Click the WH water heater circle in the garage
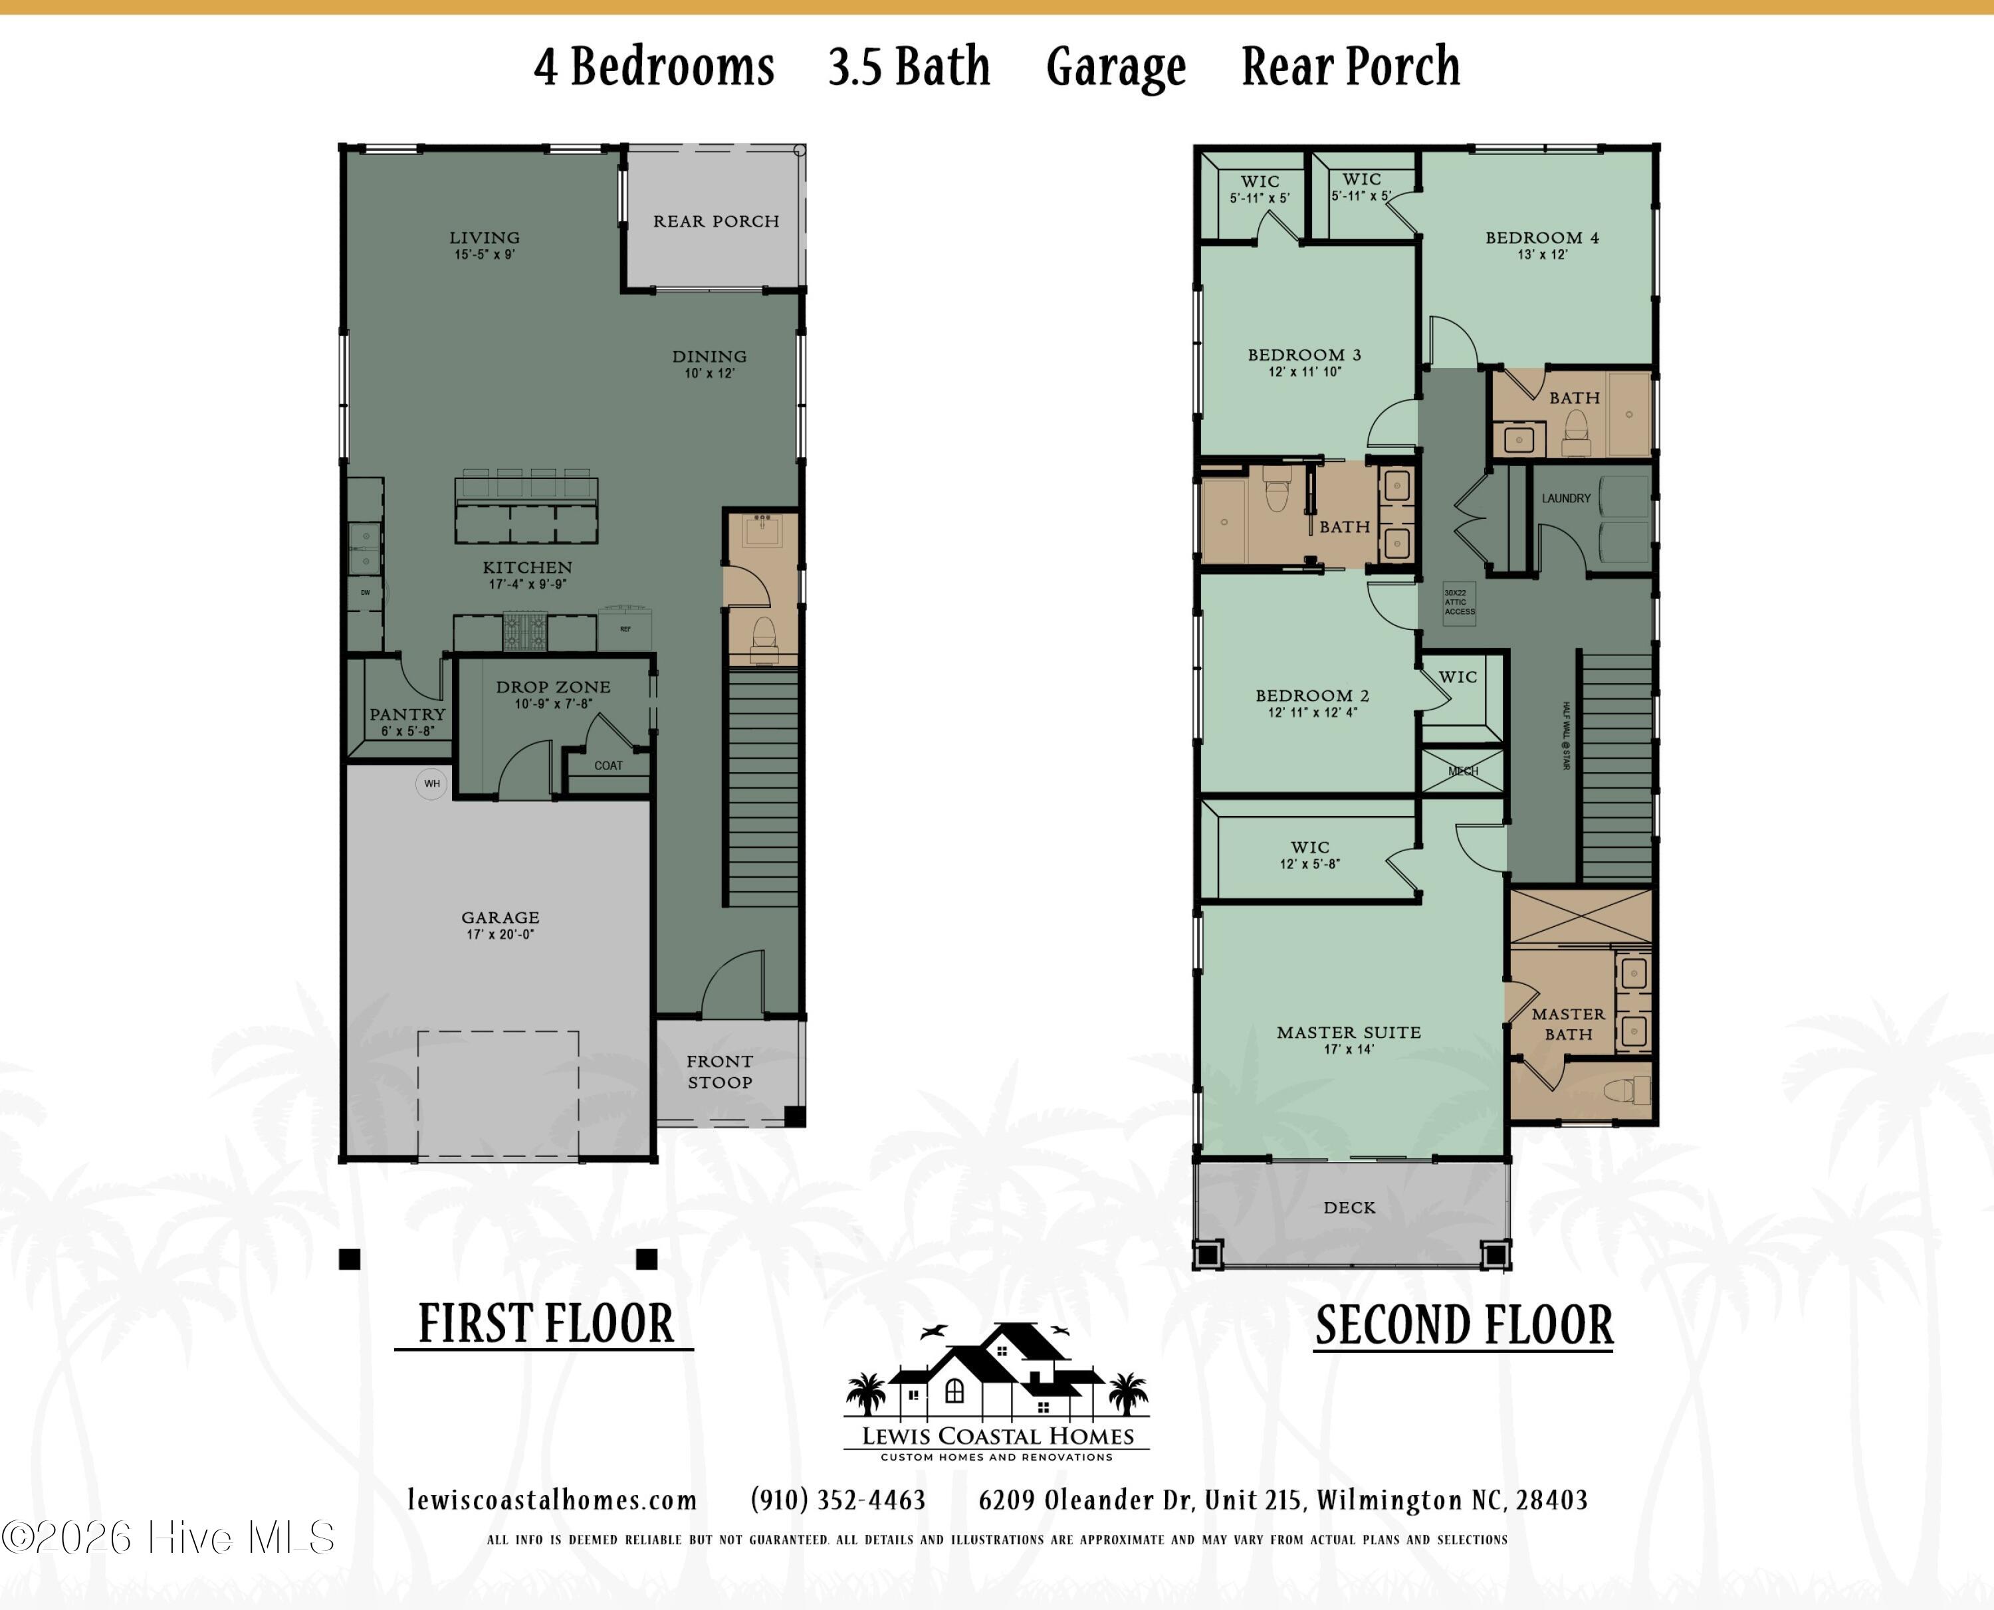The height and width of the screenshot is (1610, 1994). pos(432,783)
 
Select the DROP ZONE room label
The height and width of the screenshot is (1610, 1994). pos(553,687)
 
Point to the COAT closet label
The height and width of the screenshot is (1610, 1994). pos(608,765)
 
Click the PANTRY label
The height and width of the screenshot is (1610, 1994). pos(407,714)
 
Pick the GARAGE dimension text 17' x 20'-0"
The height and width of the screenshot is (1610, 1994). pos(500,934)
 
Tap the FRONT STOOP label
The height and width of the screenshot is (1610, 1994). pos(720,1071)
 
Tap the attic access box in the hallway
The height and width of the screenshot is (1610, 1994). pos(1459,603)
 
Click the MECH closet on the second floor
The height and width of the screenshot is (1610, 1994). pos(1464,769)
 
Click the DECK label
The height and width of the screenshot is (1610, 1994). pos(1349,1207)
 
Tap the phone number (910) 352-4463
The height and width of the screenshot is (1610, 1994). pos(838,1500)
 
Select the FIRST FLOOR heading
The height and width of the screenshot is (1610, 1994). pos(545,1324)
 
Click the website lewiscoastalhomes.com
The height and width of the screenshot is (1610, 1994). pos(553,1500)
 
